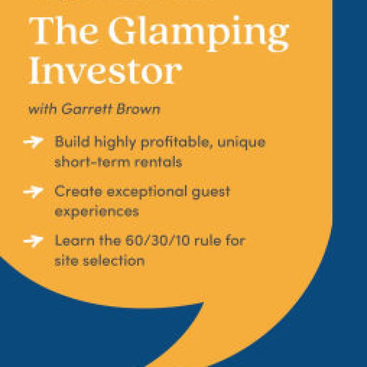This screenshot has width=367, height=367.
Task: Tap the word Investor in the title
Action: [x=105, y=70]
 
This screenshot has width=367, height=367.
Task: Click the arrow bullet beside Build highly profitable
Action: [x=33, y=142]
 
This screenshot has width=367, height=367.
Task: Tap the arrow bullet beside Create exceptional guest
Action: [x=33, y=192]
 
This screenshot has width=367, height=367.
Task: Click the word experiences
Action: [x=96, y=211]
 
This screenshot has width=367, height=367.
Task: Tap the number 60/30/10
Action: [x=157, y=241]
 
